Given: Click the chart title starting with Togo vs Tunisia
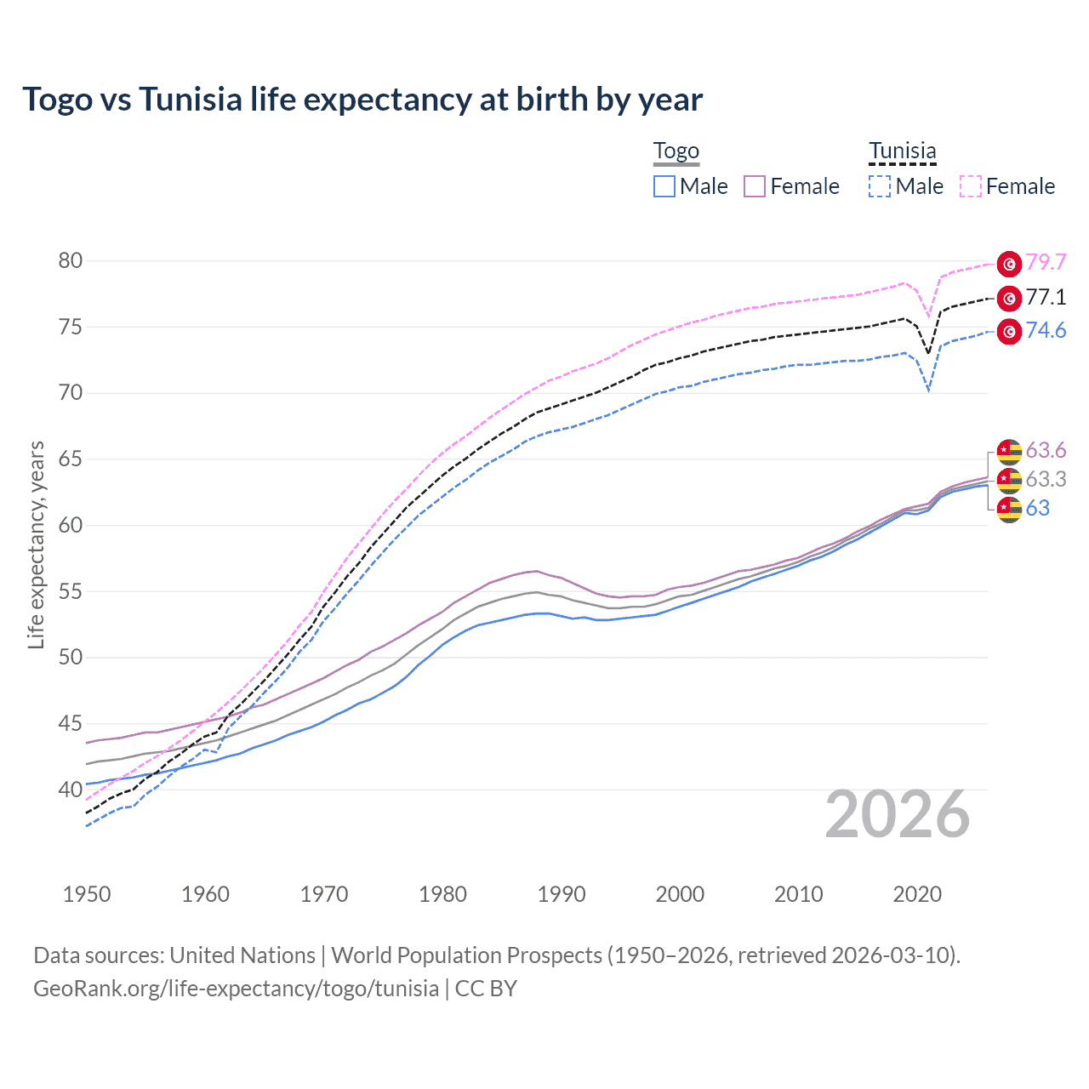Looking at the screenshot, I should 362,100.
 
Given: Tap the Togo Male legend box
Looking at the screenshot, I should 664,186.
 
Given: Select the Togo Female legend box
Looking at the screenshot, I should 755,186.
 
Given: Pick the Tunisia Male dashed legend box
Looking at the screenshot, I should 880,186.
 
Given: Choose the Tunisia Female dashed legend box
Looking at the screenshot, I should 971,186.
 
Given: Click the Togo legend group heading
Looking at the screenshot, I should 676,151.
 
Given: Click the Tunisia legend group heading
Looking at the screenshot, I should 902,151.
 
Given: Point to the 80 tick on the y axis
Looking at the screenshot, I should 71,261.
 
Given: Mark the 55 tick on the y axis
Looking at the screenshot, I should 71,591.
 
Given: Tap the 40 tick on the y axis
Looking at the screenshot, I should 71,790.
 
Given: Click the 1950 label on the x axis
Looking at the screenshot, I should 87,894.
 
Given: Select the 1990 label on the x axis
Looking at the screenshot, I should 562,894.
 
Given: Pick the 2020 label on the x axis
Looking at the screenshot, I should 917,894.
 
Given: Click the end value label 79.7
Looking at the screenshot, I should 1046,263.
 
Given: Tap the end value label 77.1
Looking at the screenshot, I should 1046,297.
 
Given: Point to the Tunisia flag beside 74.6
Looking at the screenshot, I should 1009,331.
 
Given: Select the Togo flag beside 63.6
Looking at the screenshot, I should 1009,450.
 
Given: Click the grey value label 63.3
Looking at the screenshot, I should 1046,480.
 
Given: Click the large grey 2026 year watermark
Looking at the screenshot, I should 898,814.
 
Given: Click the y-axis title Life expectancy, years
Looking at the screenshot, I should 37,544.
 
